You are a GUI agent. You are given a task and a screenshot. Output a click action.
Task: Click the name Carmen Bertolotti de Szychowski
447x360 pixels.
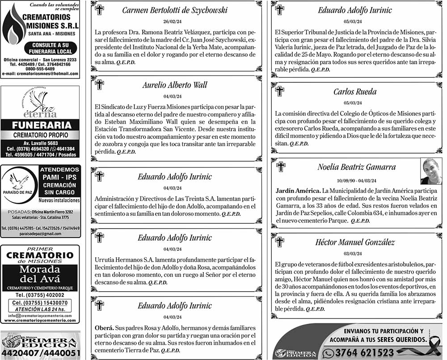pyautogui.click(x=175, y=10)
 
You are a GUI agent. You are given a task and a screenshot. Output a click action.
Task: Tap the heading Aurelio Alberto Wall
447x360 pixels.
pyautogui.click(x=175, y=85)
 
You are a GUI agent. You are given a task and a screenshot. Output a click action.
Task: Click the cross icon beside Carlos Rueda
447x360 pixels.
pyautogui.click(x=280, y=91)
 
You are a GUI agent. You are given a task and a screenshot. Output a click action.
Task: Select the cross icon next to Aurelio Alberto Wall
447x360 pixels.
pyautogui.click(x=100, y=84)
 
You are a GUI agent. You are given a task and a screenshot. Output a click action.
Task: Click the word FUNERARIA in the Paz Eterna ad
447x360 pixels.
pyautogui.click(x=41, y=125)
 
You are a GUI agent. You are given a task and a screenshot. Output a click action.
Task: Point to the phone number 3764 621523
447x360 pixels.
pyautogui.click(x=364, y=353)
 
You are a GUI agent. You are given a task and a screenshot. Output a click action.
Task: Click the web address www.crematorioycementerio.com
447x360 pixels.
pyautogui.click(x=40, y=321)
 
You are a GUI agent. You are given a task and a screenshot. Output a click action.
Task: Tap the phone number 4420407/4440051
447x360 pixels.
pyautogui.click(x=40, y=353)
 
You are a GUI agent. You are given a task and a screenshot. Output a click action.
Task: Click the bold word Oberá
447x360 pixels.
pyautogui.click(x=103, y=327)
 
